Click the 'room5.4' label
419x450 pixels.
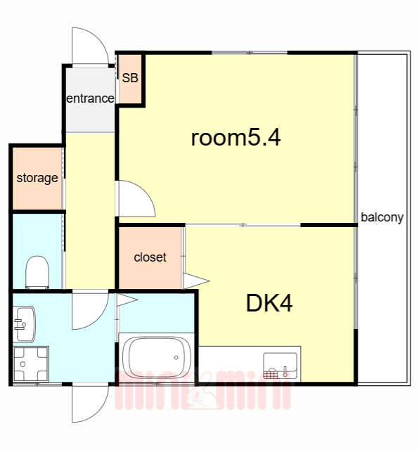[236, 138]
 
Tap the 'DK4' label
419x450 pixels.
[269, 303]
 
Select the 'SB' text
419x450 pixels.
[130, 78]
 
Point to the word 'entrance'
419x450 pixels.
[90, 98]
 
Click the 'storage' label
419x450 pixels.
[37, 178]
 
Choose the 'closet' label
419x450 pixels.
[150, 257]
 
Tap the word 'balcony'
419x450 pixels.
[382, 217]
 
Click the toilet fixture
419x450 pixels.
[37, 272]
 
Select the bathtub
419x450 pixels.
[157, 357]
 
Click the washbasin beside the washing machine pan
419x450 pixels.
[24, 324]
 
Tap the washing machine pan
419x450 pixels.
[31, 364]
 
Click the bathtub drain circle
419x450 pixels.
[176, 358]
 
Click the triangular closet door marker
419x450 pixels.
[195, 281]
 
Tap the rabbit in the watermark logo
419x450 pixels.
[202, 392]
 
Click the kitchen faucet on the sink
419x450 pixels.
[285, 371]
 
